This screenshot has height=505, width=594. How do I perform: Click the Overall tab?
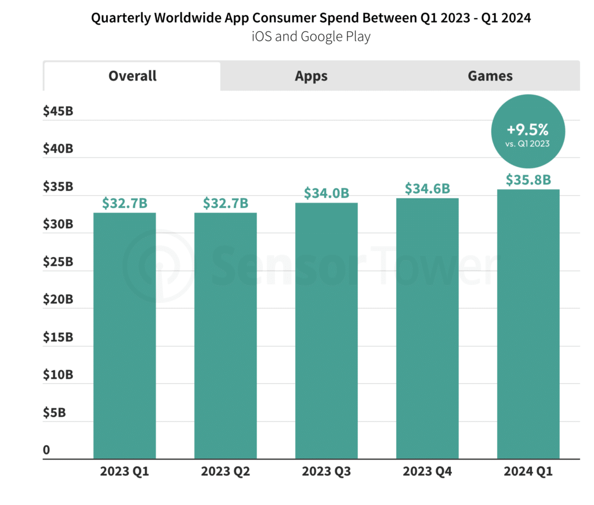pos(132,76)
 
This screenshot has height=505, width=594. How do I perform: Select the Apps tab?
pos(311,76)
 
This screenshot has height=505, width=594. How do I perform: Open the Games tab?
pos(490,76)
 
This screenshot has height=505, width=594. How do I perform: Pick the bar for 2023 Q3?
pos(327,331)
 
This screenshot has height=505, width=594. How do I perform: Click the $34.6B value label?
pos(428,189)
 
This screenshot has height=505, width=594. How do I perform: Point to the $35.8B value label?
pos(528,180)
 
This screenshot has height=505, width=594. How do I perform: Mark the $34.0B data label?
pos(327,193)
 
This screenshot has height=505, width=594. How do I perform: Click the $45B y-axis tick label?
pos(58,111)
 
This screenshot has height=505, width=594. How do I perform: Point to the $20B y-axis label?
pos(58,300)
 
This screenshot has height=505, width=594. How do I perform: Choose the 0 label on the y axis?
pos(46,450)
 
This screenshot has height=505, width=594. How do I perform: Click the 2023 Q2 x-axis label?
pos(226,471)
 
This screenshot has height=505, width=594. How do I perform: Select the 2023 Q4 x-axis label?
pos(428,471)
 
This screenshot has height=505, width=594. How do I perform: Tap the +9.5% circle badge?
pos(527,131)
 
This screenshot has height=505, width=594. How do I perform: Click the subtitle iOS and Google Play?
pos(311,37)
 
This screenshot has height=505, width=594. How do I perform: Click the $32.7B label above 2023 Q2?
pos(226,203)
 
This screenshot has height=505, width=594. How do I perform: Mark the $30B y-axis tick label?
pos(58,224)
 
